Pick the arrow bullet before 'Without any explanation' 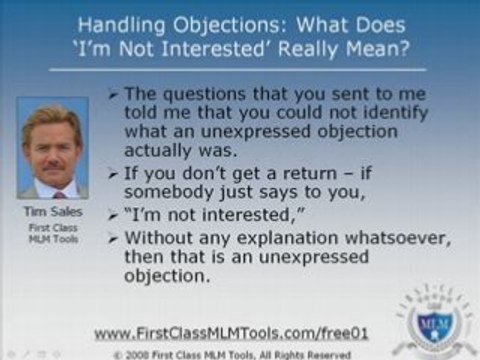pyautogui.click(x=113, y=239)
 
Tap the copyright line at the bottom pyautogui.click(x=232, y=353)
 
